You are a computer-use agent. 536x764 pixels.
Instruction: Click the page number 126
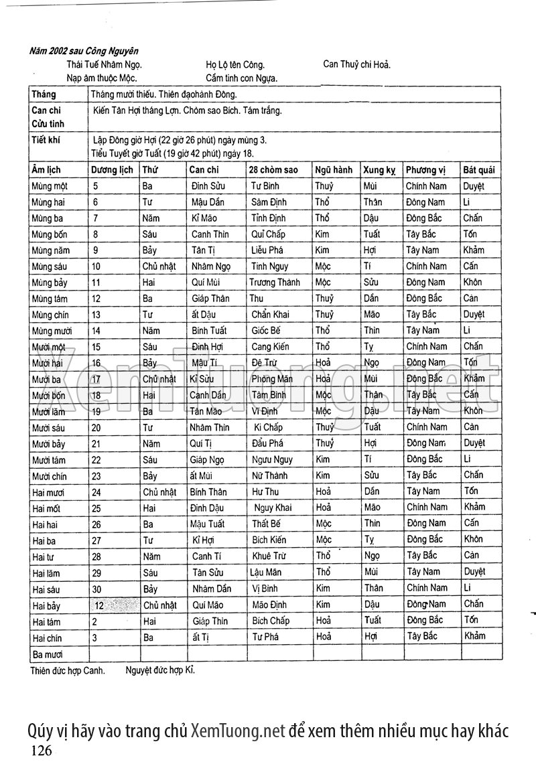pyautogui.click(x=41, y=750)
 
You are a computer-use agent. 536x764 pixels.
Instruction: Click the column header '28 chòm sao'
pyautogui.click(x=273, y=170)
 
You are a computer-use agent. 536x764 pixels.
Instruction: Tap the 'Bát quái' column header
pyautogui.click(x=478, y=170)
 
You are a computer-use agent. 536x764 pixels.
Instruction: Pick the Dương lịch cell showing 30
pyautogui.click(x=96, y=589)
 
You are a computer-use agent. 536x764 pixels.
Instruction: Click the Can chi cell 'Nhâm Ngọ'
pyautogui.click(x=211, y=266)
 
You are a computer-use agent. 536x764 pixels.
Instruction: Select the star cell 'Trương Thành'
pyautogui.click(x=275, y=283)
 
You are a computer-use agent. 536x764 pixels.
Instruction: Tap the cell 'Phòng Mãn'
pyautogui.click(x=272, y=379)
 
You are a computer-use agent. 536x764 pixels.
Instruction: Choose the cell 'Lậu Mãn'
pyautogui.click(x=266, y=572)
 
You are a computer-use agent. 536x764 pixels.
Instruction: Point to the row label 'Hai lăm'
pyautogui.click(x=46, y=572)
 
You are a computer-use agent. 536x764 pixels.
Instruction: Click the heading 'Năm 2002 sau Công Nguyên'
pyautogui.click(x=84, y=51)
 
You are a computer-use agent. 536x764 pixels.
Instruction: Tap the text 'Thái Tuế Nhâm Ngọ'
pyautogui.click(x=104, y=65)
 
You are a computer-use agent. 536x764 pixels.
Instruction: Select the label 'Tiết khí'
pyautogui.click(x=46, y=141)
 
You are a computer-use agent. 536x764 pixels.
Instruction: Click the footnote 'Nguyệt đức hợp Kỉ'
pyautogui.click(x=160, y=669)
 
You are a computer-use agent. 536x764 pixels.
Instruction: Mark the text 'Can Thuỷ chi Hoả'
pyautogui.click(x=356, y=65)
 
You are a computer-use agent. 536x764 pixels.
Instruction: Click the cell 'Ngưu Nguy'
pyautogui.click(x=272, y=460)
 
